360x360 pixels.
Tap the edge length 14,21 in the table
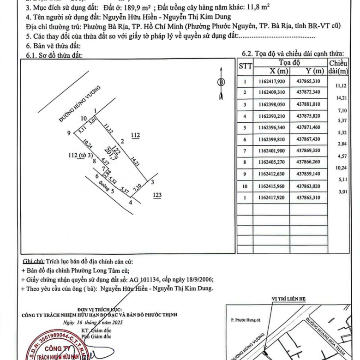[x=342, y=98]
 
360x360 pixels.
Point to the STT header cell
[x=245, y=66]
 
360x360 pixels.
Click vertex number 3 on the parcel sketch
[x=153, y=182]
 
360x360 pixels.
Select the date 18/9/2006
[x=199, y=279]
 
